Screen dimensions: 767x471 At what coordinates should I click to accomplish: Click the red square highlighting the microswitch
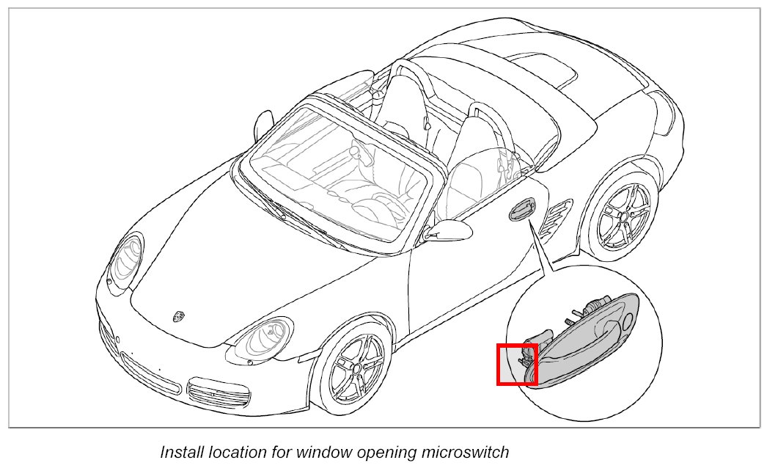pos(517,363)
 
